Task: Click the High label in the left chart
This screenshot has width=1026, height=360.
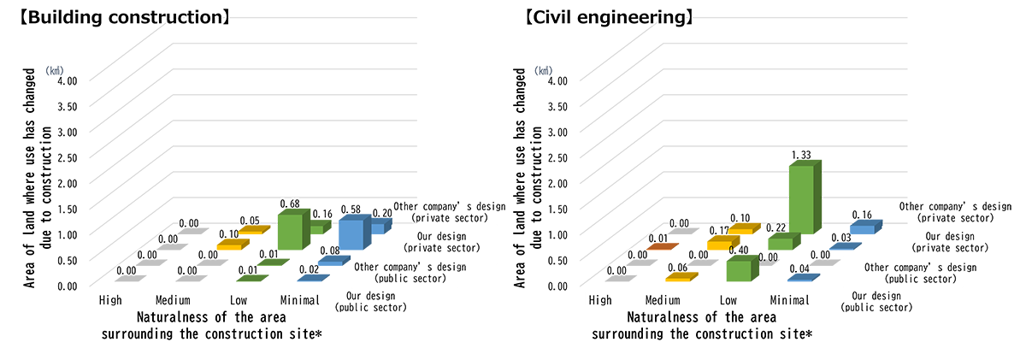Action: point(110,300)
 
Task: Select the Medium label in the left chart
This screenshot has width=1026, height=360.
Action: point(173,300)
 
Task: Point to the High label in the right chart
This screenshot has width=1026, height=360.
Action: point(600,300)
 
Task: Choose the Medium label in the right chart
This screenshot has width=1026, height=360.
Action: point(663,300)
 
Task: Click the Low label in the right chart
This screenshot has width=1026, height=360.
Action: point(728,300)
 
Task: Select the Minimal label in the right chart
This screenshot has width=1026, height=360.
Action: point(791,300)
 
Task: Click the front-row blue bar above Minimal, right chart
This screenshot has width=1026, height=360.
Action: point(804,276)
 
